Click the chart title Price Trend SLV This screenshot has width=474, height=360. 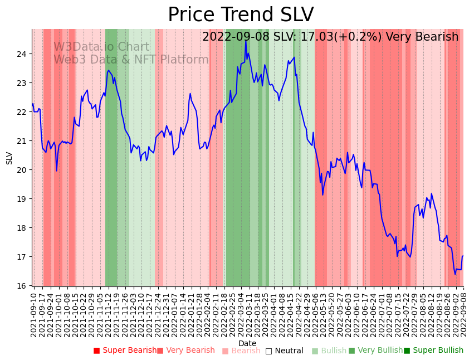coord(241,15)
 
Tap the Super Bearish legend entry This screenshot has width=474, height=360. coord(125,351)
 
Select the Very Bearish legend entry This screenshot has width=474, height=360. coord(186,351)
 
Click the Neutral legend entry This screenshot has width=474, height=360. coord(285,351)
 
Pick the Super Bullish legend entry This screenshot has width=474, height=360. coord(433,351)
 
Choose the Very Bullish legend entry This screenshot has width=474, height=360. coord(375,351)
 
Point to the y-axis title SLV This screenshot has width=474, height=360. coord(9,158)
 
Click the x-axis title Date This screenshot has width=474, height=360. coord(247,344)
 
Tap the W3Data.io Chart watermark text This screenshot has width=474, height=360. coord(101,47)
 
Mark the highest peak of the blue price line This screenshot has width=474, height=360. coord(246,41)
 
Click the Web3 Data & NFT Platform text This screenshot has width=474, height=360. coord(131,60)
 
